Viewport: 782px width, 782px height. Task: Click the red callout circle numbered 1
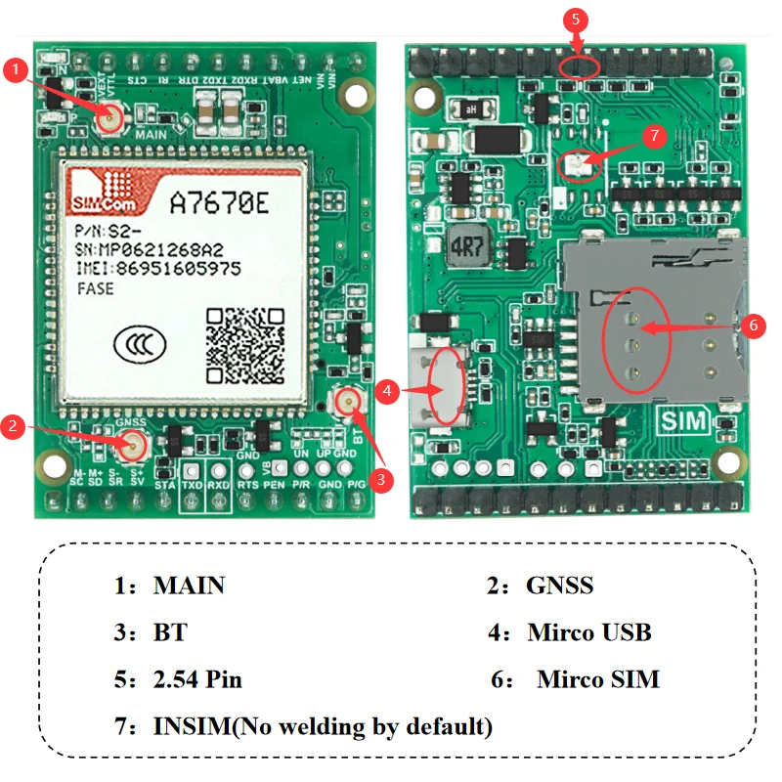point(16,69)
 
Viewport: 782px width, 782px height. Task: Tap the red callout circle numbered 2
point(13,425)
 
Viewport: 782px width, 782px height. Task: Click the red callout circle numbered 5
point(576,19)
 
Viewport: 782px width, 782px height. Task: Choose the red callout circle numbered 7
point(657,136)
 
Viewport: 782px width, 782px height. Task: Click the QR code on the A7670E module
point(245,344)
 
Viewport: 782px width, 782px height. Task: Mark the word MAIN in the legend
point(189,586)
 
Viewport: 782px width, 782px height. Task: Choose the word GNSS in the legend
point(559,586)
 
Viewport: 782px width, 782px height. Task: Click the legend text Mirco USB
point(588,631)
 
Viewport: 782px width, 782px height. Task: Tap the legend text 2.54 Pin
point(197,679)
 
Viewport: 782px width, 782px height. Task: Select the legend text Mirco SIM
point(597,679)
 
